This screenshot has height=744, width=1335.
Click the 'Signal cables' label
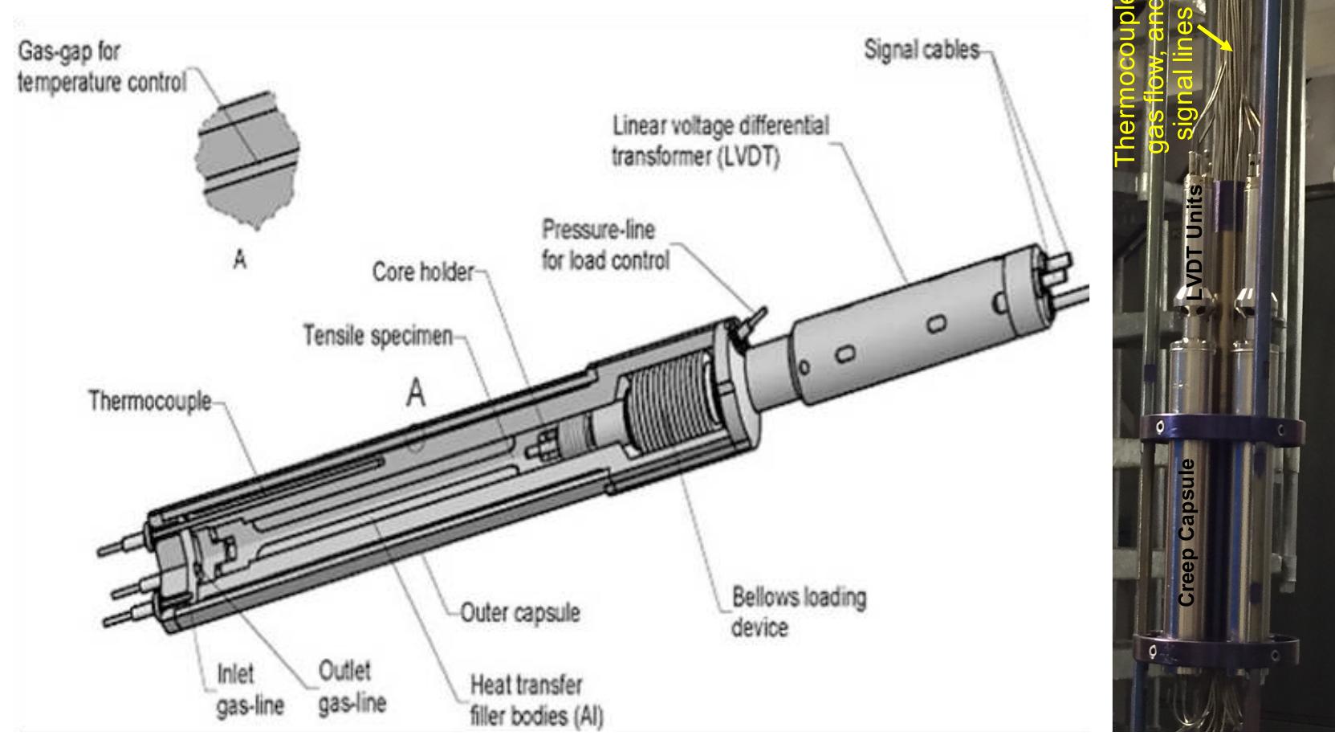[922, 50]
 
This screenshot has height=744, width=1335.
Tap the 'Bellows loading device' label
[798, 612]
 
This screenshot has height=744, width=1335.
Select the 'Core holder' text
[423, 272]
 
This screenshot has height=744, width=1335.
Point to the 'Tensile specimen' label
[377, 335]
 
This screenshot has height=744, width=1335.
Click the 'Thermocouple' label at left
[150, 401]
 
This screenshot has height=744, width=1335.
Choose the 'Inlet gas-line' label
[250, 689]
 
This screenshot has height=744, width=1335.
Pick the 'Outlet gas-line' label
[352, 687]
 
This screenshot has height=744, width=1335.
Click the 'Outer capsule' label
[520, 613]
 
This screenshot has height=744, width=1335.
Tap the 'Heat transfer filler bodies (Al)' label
[535, 701]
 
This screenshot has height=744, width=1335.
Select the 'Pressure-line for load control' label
[605, 245]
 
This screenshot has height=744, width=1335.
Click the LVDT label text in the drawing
[719, 141]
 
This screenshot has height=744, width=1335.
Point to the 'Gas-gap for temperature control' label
[101, 67]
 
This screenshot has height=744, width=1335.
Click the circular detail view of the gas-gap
[248, 160]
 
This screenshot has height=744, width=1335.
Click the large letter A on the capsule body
[415, 393]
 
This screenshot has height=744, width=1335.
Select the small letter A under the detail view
[239, 260]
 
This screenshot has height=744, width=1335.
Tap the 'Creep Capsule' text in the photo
[1186, 532]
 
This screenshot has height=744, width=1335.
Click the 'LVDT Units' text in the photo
[1195, 242]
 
